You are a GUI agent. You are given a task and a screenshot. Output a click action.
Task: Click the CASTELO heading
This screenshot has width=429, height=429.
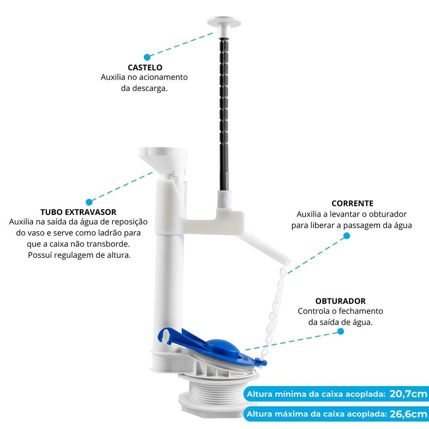tap(145, 68)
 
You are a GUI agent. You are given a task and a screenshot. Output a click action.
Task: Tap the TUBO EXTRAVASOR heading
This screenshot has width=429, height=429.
tap(78, 212)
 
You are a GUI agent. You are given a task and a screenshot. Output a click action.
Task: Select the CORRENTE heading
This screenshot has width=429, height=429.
tap(352, 203)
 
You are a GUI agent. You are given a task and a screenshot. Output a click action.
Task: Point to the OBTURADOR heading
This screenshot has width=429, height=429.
tap(341, 301)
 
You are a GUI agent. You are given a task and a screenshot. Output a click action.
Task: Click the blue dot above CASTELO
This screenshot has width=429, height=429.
tap(147, 57)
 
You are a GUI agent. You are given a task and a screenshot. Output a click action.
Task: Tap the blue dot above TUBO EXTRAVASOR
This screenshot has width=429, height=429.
tap(89, 201)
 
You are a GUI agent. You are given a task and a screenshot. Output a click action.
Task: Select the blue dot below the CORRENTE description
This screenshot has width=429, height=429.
tap(346, 236)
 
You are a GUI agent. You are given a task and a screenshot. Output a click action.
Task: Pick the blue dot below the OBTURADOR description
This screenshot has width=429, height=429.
tap(341, 331)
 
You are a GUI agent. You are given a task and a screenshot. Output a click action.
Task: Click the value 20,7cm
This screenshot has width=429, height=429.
tap(408, 394)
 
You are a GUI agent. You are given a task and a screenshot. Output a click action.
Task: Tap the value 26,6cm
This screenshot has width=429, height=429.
tap(408, 414)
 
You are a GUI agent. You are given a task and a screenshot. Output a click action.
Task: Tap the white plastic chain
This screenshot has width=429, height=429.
tap(277, 300)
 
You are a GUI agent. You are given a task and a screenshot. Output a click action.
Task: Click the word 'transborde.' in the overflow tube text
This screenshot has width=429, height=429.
tap(109, 244)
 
